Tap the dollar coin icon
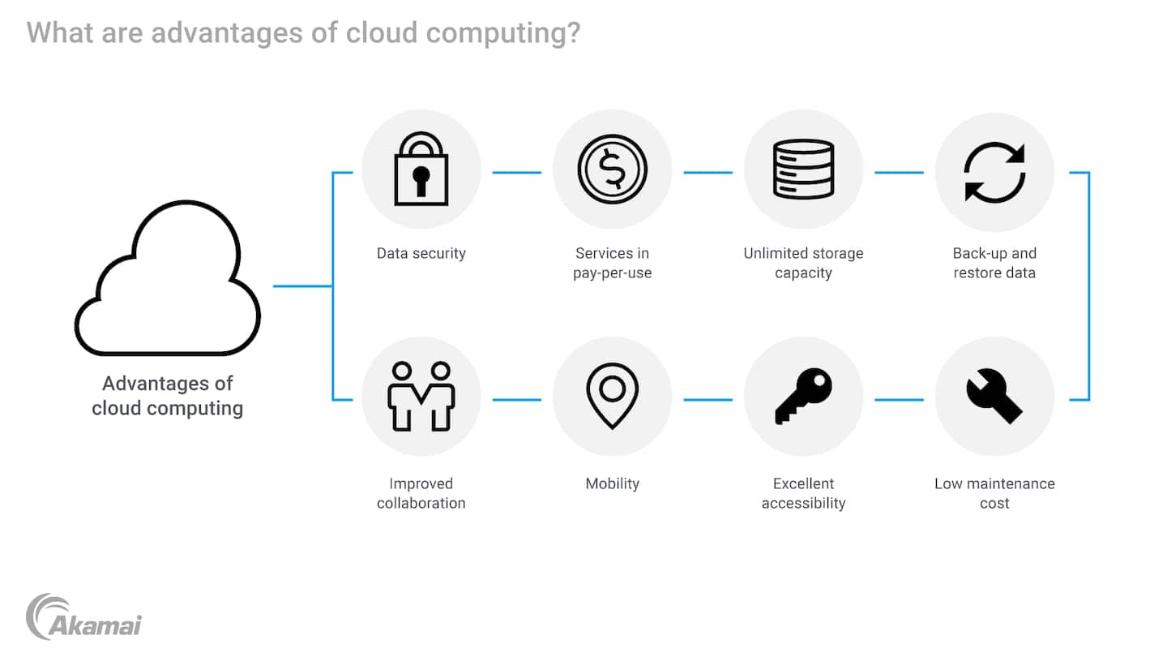pyautogui.click(x=612, y=169)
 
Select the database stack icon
pyautogui.click(x=803, y=169)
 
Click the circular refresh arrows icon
pyautogui.click(x=994, y=172)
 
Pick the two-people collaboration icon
pyautogui.click(x=421, y=396)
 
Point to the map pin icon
pyautogui.click(x=612, y=396)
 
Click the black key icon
pyautogui.click(x=803, y=396)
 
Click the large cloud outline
pyautogui.click(x=168, y=280)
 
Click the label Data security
pyautogui.click(x=421, y=253)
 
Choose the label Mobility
pyautogui.click(x=612, y=483)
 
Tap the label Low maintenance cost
pyautogui.click(x=994, y=493)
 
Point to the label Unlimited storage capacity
pyautogui.click(x=803, y=263)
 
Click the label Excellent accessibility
pyautogui.click(x=803, y=493)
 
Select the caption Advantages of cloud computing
pyautogui.click(x=168, y=395)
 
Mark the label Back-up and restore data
pyautogui.click(x=994, y=263)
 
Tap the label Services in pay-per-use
pyautogui.click(x=612, y=263)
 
